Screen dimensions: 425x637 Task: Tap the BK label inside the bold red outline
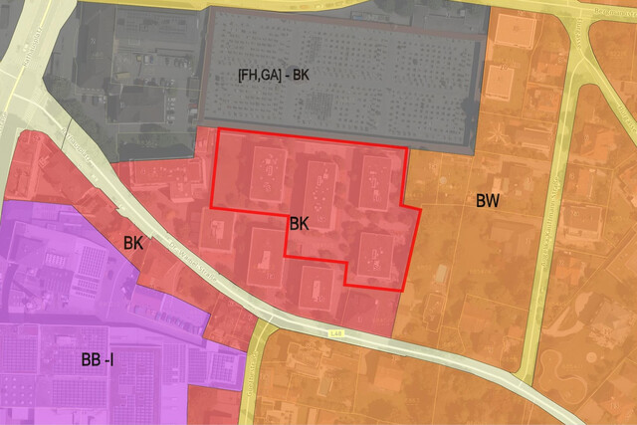299,224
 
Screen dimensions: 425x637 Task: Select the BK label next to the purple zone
133,242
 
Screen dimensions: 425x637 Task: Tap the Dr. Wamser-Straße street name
190,256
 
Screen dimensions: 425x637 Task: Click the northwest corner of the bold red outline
218,130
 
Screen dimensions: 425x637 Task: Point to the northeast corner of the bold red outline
407,149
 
